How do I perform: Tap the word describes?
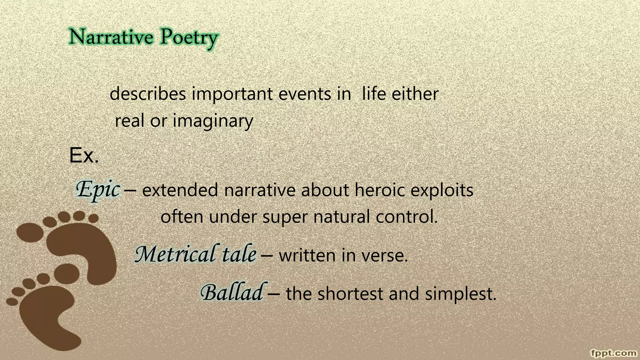[x=148, y=94]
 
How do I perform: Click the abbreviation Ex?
[x=84, y=155]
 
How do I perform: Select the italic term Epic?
[x=98, y=189]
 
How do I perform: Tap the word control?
[x=406, y=217]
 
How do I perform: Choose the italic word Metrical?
[x=175, y=254]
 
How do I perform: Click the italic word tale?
[x=239, y=254]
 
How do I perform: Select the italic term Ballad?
[x=232, y=293]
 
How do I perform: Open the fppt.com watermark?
[x=614, y=353]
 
